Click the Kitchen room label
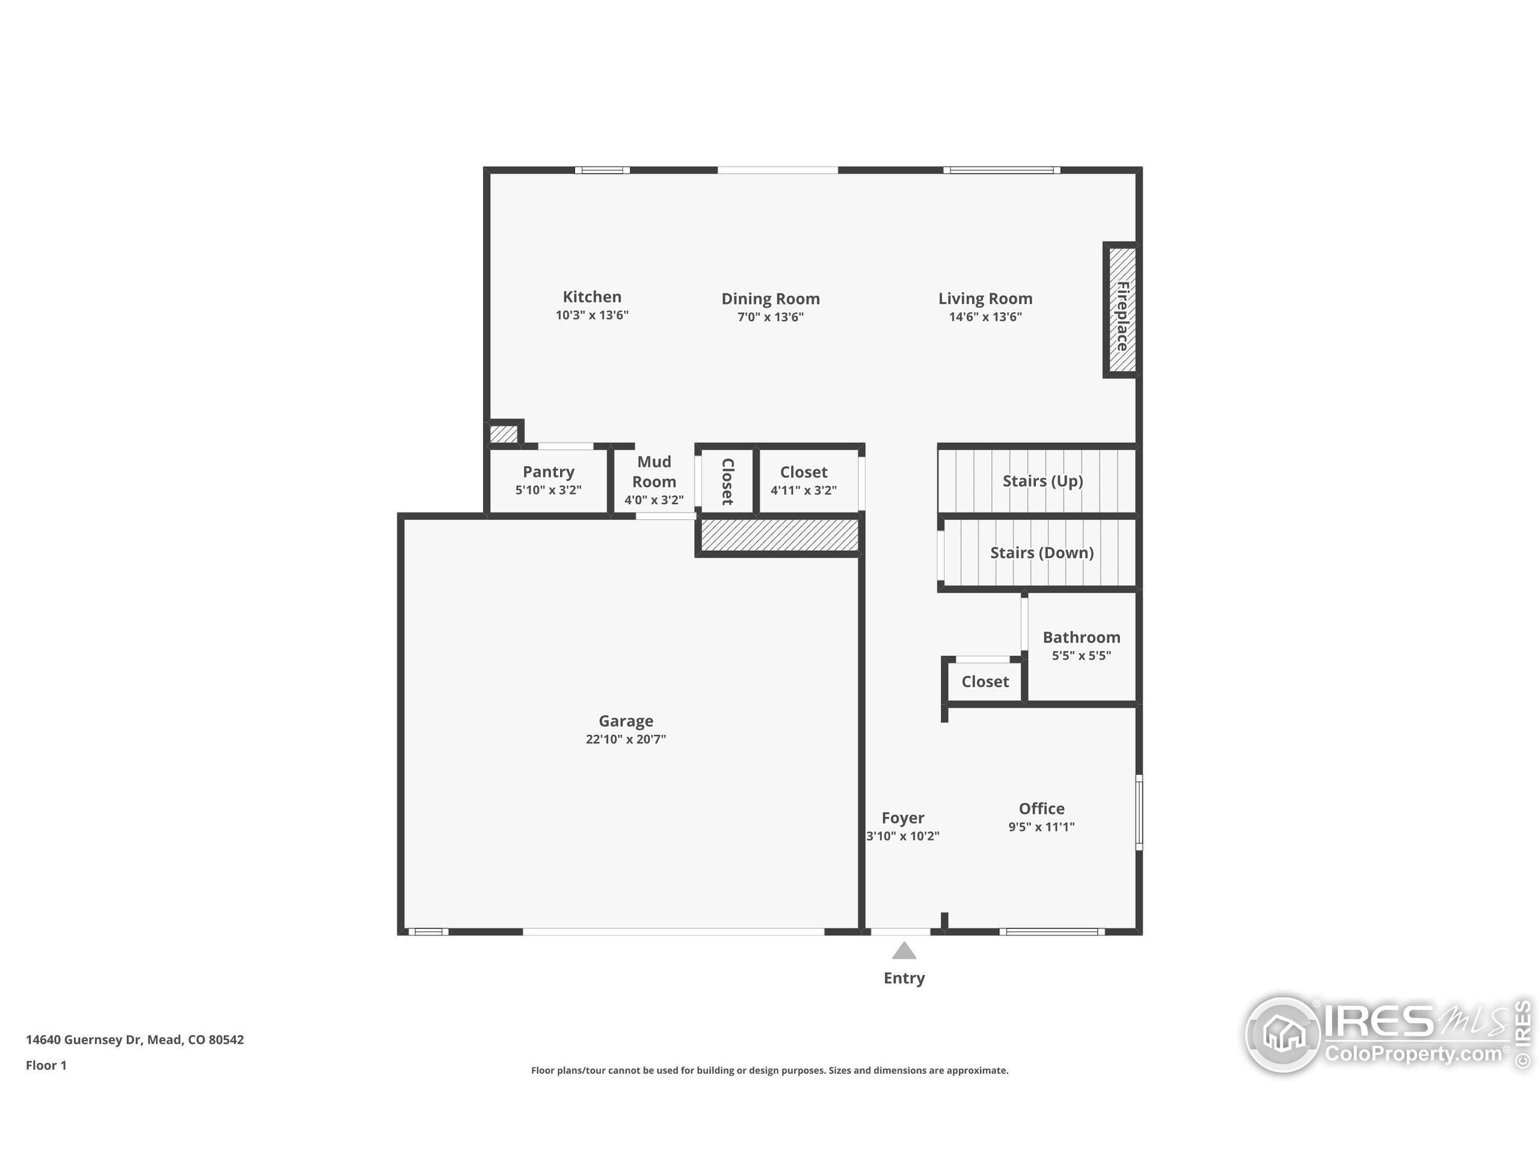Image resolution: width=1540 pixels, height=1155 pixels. (592, 297)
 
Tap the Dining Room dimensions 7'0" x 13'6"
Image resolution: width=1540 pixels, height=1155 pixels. (770, 318)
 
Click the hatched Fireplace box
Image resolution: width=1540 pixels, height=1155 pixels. (1121, 310)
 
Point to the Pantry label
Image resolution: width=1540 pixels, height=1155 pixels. (549, 472)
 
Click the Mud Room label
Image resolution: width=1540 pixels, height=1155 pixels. (654, 472)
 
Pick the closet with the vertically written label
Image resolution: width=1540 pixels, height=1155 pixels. (727, 481)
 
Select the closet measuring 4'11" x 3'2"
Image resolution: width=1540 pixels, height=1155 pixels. (804, 481)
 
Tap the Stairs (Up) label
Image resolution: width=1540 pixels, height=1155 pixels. (1043, 481)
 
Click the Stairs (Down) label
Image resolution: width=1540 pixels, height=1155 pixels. (1041, 553)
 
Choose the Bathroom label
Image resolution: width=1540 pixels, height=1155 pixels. (1081, 637)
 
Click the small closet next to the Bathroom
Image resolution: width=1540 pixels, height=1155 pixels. (984, 682)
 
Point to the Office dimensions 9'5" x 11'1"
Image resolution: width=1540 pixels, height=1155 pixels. (1041, 827)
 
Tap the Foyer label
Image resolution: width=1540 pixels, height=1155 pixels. (902, 818)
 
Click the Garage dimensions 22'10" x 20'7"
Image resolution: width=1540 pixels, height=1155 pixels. (625, 739)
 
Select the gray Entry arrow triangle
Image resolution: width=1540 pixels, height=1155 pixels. (904, 951)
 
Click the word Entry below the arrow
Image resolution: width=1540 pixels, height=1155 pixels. (904, 978)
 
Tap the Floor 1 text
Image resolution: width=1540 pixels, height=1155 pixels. (46, 1065)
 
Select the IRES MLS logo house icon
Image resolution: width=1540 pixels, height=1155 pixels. (1283, 1035)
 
